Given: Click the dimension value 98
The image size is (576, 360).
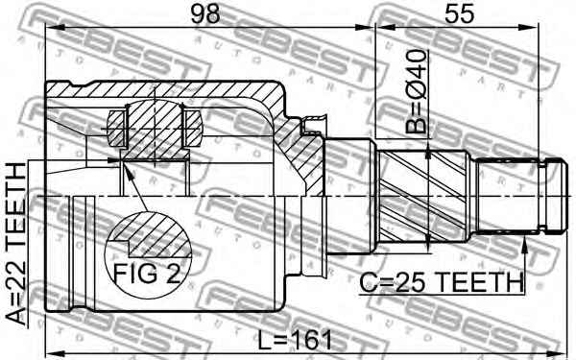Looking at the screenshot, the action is coord(205,14).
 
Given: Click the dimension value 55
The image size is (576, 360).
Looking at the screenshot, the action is coord(459,14).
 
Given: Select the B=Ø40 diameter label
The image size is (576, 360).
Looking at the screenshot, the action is coord(417,91).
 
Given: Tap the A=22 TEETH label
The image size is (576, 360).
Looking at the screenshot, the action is coord(17,244).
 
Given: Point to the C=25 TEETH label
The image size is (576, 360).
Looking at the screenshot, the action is coord(442,282).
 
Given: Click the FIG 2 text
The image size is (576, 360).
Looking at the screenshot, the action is coord(147,274).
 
